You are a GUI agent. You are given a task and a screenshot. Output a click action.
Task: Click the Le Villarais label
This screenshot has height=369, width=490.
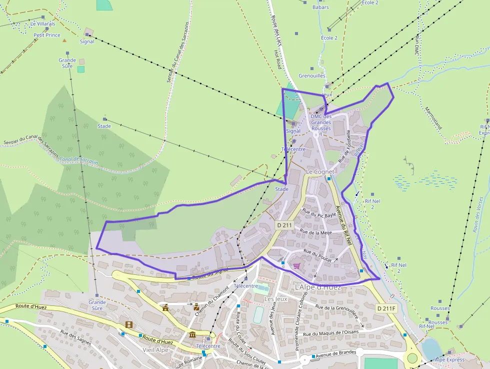[x=42, y=24]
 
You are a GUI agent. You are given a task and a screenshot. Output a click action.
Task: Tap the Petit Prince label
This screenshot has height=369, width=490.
[x=47, y=36]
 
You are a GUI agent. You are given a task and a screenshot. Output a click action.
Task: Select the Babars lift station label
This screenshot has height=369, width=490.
[x=320, y=8]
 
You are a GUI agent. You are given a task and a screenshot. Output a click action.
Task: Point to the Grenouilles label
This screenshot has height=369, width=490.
[x=311, y=76]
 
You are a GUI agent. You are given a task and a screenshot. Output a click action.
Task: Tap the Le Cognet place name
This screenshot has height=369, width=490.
[x=319, y=172]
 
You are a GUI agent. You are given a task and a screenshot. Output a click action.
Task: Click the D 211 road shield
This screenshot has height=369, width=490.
[x=284, y=225]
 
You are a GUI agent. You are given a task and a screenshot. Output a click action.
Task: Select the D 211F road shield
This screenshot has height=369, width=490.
[x=386, y=308]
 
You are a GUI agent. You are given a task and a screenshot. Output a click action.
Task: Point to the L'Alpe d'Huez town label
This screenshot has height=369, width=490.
[x=318, y=287]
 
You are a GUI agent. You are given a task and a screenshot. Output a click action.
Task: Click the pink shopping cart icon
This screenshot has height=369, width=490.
[x=296, y=266]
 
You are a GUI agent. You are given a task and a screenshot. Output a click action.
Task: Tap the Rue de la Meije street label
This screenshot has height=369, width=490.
[x=316, y=232]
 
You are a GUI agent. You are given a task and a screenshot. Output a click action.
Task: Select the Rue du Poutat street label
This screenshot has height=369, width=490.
[x=317, y=252]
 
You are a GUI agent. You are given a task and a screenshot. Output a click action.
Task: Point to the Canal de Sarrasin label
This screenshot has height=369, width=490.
[x=78, y=160]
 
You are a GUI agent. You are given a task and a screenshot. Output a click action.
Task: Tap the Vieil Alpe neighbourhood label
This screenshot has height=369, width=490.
[x=156, y=350]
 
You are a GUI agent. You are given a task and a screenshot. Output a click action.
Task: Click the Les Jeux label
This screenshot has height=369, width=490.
[x=275, y=299]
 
